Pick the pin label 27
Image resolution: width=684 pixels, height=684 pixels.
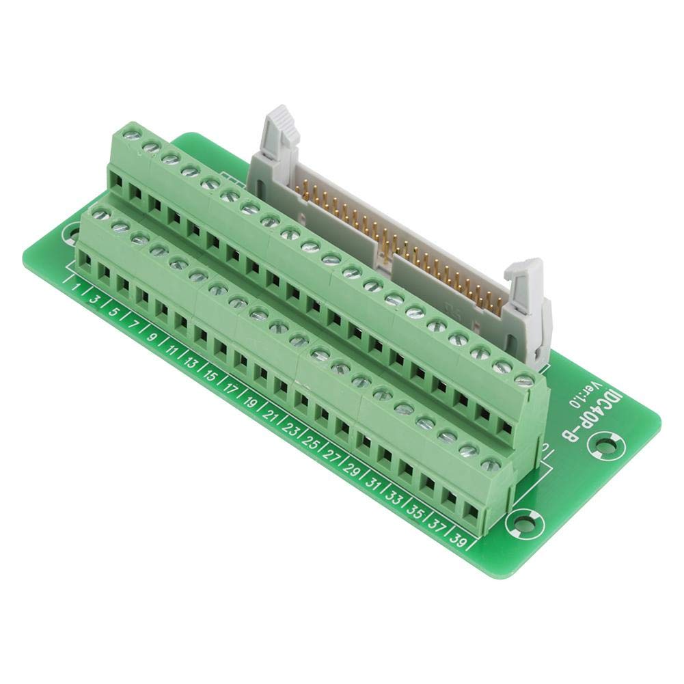point(331,456)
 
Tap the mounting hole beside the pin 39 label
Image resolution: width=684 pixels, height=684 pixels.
point(521,524)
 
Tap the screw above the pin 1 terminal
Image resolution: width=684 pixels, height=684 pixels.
point(100,216)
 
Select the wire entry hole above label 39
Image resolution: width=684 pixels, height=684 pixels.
point(471,511)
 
